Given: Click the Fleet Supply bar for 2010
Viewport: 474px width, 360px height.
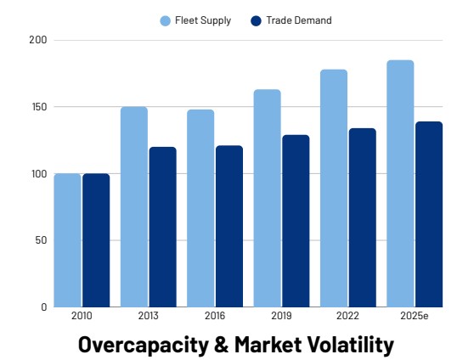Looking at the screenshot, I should (x=67, y=240).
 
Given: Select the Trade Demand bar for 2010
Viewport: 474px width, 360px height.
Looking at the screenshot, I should (x=96, y=240).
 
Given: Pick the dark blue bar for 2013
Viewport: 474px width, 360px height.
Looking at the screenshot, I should (x=162, y=227).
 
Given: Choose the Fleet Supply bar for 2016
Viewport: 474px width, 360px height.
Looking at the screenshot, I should (x=200, y=208).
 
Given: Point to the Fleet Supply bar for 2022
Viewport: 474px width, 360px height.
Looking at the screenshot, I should (x=333, y=188).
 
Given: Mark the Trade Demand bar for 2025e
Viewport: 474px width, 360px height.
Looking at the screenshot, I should (x=428, y=214).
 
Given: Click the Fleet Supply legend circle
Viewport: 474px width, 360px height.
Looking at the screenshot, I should (x=166, y=20).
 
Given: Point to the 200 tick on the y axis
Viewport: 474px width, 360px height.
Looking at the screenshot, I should (x=38, y=40).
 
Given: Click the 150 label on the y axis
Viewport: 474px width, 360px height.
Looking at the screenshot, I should (x=38, y=107).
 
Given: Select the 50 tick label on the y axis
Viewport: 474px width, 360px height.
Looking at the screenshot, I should (x=42, y=240).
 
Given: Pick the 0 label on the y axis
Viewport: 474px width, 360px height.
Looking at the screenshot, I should (x=44, y=307).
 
